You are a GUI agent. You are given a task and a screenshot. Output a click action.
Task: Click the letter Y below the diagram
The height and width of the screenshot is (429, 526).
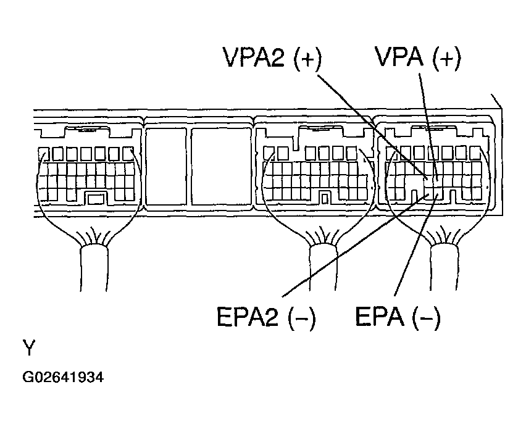click(x=29, y=348)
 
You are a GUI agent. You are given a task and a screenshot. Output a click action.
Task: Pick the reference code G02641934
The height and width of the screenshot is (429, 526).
click(x=63, y=377)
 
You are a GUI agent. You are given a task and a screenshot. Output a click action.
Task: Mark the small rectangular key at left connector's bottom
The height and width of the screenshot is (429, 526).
click(x=94, y=198)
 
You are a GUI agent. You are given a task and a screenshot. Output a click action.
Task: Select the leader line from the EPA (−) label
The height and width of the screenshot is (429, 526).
click(x=414, y=247)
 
